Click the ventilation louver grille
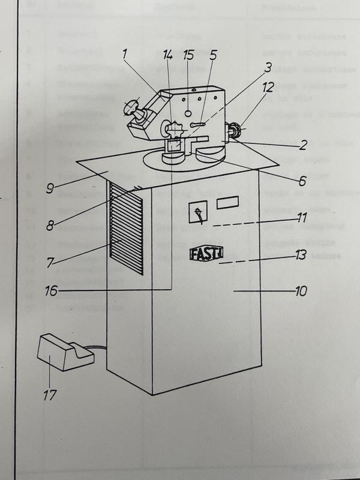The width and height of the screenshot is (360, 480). pyautogui.click(x=126, y=221)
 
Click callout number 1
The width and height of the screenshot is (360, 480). pyautogui.click(x=125, y=55)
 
